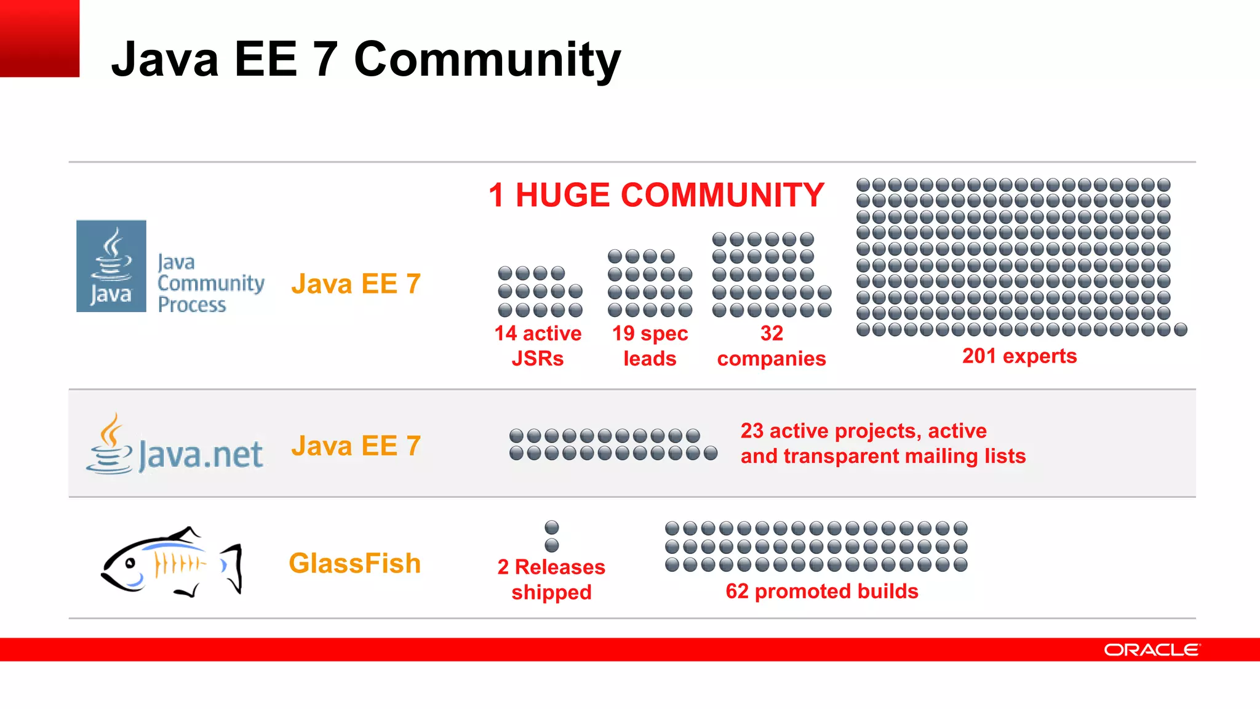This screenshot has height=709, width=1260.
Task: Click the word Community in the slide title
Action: pyautogui.click(x=487, y=60)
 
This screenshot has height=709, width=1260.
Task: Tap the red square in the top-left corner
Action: pyautogui.click(x=39, y=38)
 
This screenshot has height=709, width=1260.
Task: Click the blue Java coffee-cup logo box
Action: pyautogui.click(x=111, y=266)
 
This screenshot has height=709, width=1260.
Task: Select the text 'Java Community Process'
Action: pyautogui.click(x=210, y=283)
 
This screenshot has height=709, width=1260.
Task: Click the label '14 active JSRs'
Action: pyautogui.click(x=538, y=345)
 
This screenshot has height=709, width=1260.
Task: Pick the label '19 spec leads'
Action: pyautogui.click(x=650, y=345)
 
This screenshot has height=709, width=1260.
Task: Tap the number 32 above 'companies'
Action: pyautogui.click(x=772, y=333)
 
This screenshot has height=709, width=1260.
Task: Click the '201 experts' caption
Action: pyautogui.click(x=1019, y=356)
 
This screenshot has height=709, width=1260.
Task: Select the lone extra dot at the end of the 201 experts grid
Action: pyautogui.click(x=1180, y=329)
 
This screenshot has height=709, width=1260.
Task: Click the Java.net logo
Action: pyautogui.click(x=175, y=446)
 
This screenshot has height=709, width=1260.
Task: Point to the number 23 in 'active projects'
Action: pyautogui.click(x=752, y=431)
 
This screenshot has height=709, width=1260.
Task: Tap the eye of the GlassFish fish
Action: pyautogui.click(x=130, y=563)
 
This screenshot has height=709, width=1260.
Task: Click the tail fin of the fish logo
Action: pyautogui.click(x=233, y=567)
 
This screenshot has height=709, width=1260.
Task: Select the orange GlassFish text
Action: pyautogui.click(x=355, y=563)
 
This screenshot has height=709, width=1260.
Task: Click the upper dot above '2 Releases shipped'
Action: pyautogui.click(x=552, y=527)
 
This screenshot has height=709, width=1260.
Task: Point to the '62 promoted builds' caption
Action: pyautogui.click(x=822, y=591)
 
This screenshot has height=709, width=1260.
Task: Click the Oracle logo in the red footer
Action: pyautogui.click(x=1152, y=650)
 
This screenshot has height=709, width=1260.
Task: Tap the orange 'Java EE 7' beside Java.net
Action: pyautogui.click(x=356, y=446)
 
